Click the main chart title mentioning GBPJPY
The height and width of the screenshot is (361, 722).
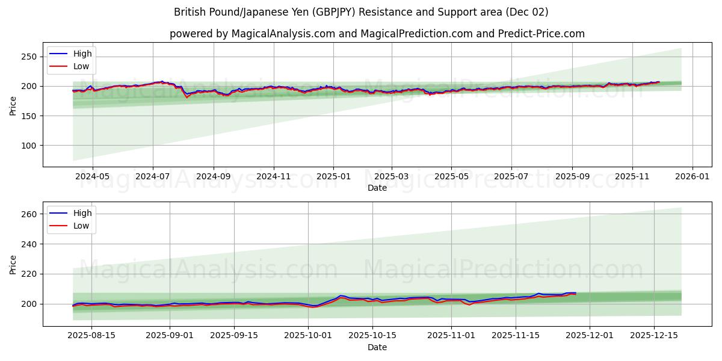coord(361,12)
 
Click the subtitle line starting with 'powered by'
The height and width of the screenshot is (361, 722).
coord(377,34)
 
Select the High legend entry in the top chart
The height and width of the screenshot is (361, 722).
coord(82,54)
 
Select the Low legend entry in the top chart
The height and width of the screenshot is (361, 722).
coord(81,66)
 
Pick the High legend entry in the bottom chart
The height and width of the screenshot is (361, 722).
coord(82,214)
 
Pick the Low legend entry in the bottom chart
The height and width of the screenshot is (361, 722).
coord(81,226)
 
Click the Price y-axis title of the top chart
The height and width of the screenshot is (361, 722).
coord(13,105)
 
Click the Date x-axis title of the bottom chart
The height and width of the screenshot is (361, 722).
coord(377,348)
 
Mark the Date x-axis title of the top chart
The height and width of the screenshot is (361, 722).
coord(377,188)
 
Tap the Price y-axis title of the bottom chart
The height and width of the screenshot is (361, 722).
coord(13,265)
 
